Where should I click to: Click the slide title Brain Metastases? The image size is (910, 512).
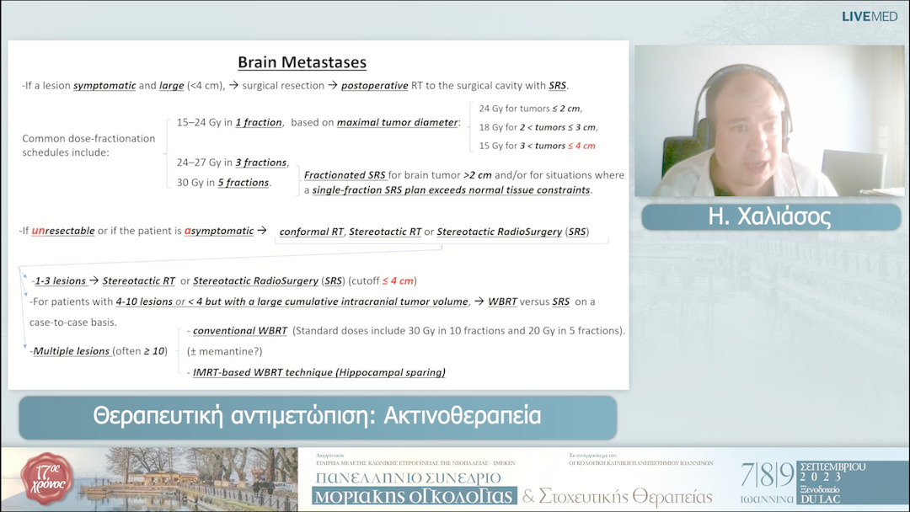[x=302, y=62]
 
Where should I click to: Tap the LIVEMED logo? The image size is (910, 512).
[x=870, y=16]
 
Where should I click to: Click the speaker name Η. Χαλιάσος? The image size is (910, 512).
[x=770, y=217]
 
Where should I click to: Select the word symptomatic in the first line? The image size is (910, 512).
[x=104, y=86]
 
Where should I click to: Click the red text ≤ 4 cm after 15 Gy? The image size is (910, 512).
[x=582, y=146]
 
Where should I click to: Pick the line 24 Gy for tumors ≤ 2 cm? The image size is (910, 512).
[x=530, y=109]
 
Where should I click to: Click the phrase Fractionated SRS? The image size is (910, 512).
[x=345, y=175]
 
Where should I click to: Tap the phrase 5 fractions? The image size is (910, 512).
[x=244, y=183]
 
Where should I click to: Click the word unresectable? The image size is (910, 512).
[x=63, y=231]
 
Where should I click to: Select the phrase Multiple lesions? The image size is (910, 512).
[x=72, y=350]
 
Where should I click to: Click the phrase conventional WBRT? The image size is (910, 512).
[x=240, y=330]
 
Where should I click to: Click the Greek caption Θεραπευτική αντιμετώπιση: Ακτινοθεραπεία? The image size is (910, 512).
[x=317, y=416]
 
